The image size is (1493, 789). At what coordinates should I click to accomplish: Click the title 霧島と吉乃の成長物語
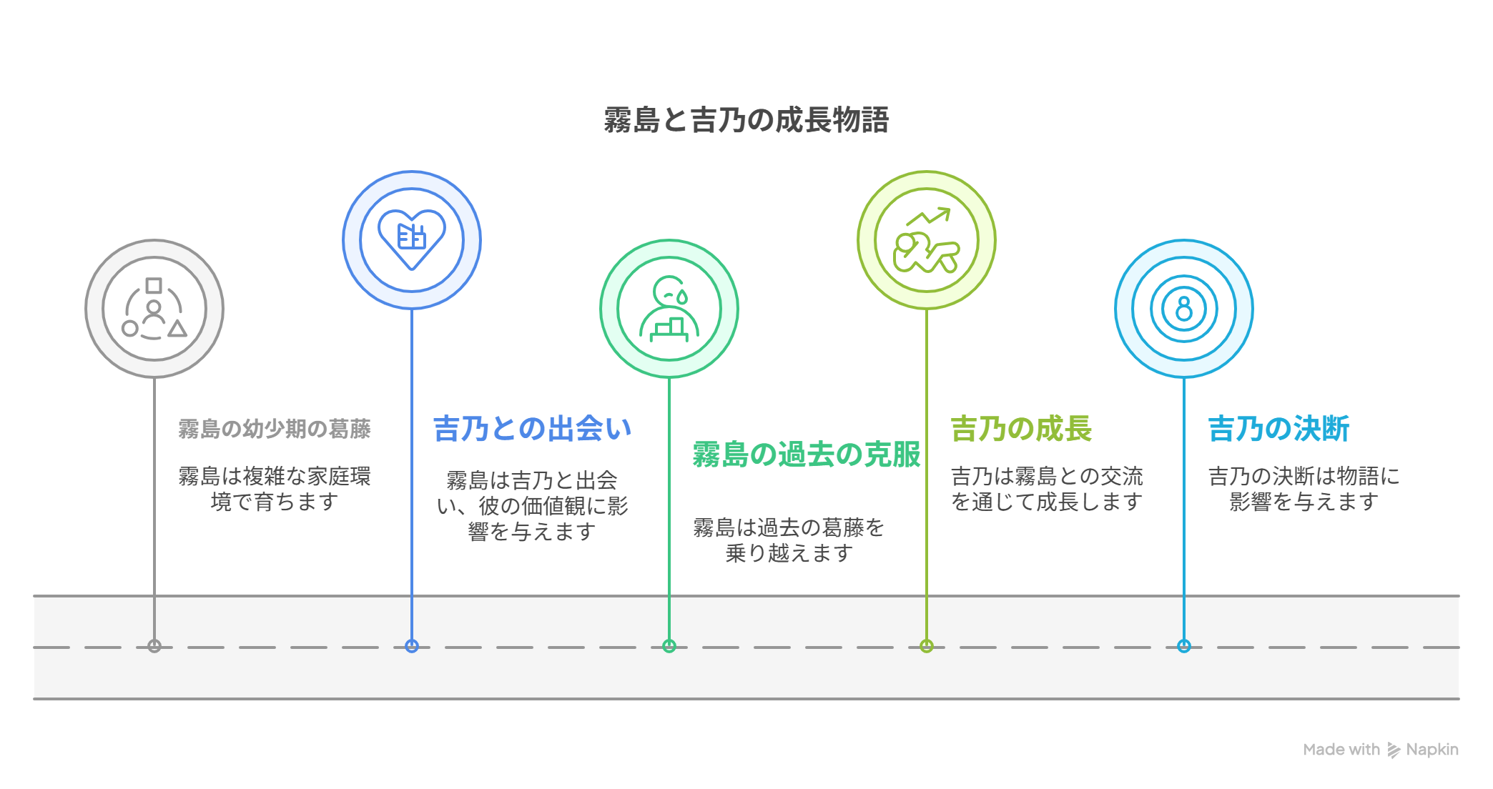tap(746, 119)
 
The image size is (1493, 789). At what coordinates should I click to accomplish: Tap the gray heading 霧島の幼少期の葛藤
tap(275, 429)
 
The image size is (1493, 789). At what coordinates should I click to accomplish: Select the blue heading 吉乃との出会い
tap(533, 429)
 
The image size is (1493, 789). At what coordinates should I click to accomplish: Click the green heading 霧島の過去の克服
tap(807, 455)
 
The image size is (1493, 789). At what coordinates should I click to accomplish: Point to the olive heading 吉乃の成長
tap(1021, 429)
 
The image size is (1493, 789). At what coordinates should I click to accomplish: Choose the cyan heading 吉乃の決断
tap(1278, 429)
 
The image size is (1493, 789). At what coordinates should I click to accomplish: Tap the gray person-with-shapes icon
tap(154, 309)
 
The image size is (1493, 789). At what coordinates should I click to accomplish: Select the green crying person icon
tap(669, 309)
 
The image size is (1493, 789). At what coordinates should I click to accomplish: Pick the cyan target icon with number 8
tap(1184, 309)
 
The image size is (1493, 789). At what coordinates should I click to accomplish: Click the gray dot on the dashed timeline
tap(154, 646)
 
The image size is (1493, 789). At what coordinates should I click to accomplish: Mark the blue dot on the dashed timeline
tap(412, 646)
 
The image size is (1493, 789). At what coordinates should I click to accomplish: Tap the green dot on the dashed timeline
tap(669, 646)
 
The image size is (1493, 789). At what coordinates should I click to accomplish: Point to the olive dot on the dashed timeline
tap(927, 646)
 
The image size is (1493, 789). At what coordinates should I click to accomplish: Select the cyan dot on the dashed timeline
tap(1184, 646)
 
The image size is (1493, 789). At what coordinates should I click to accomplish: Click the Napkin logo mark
tap(1394, 750)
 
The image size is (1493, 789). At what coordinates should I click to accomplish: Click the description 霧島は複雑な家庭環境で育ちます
tap(275, 489)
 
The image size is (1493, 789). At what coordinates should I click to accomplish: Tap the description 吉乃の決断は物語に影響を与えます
tap(1304, 489)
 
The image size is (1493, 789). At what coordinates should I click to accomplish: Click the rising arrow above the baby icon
tap(928, 217)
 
